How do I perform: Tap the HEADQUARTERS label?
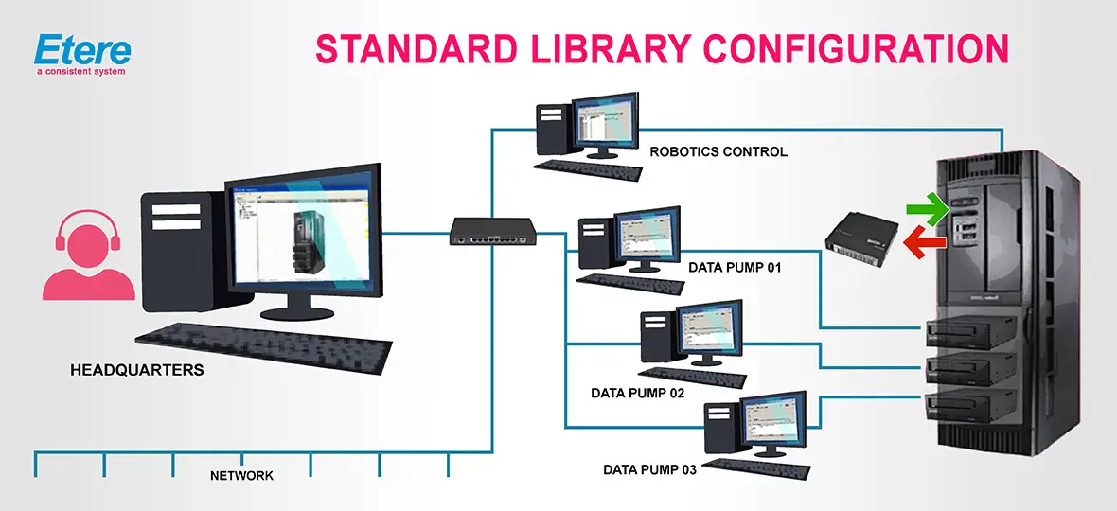136,370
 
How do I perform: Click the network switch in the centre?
492,230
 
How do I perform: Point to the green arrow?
927,209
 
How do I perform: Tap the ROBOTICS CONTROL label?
718,151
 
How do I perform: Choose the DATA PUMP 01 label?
735,268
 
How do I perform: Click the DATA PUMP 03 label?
649,469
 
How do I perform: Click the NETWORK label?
241,476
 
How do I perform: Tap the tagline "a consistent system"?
80,71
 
